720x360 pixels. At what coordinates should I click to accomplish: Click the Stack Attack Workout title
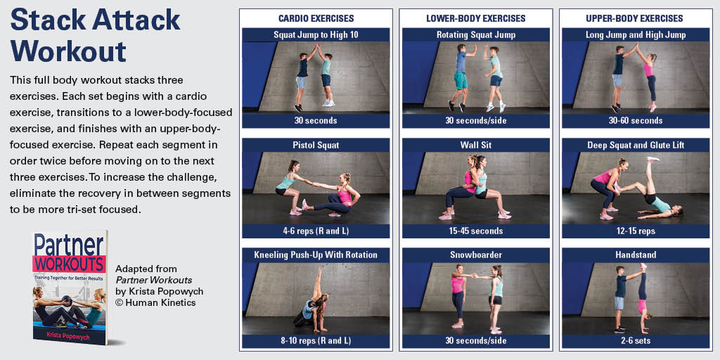coord(95,35)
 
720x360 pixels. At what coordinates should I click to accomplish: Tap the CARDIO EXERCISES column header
coord(316,18)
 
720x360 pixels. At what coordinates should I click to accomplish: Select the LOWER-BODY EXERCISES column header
coord(476,18)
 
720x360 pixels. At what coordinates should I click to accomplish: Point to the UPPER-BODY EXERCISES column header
coord(636,18)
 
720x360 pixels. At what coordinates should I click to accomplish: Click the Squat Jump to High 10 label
coord(316,34)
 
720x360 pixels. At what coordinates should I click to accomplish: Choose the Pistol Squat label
coord(316,145)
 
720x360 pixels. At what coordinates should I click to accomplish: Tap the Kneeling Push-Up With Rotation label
coord(316,255)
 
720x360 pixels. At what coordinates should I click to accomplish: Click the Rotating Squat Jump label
coord(476,34)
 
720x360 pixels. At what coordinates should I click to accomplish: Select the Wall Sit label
coord(476,145)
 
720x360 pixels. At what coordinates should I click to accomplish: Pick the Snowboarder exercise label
coord(476,255)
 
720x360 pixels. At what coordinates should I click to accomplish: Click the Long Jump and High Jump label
coord(636,34)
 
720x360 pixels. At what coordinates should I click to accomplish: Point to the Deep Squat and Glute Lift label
coord(636,145)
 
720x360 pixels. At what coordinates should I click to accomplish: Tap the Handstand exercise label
coord(636,255)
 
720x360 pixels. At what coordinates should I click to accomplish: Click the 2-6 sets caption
coord(636,340)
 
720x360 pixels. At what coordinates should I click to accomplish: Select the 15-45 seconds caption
coord(476,231)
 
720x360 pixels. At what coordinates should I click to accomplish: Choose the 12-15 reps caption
coord(636,231)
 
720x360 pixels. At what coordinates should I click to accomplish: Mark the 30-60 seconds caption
coord(636,120)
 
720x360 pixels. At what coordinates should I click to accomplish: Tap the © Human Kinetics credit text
coord(155,303)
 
